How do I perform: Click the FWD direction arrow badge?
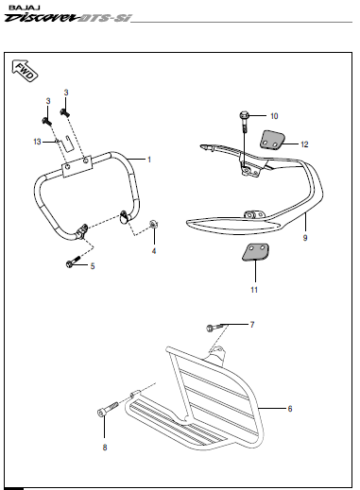(x=26, y=72)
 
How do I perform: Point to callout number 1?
(x=148, y=160)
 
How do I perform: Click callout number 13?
(x=37, y=141)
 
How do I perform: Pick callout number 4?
(x=154, y=251)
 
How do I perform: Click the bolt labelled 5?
(x=70, y=262)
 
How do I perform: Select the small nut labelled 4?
(x=155, y=226)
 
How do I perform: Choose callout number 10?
(x=274, y=115)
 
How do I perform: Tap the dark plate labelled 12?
(x=275, y=142)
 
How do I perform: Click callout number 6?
(x=290, y=408)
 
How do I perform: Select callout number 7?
(x=252, y=325)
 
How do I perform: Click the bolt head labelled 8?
(x=102, y=413)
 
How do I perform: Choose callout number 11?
(x=253, y=290)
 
